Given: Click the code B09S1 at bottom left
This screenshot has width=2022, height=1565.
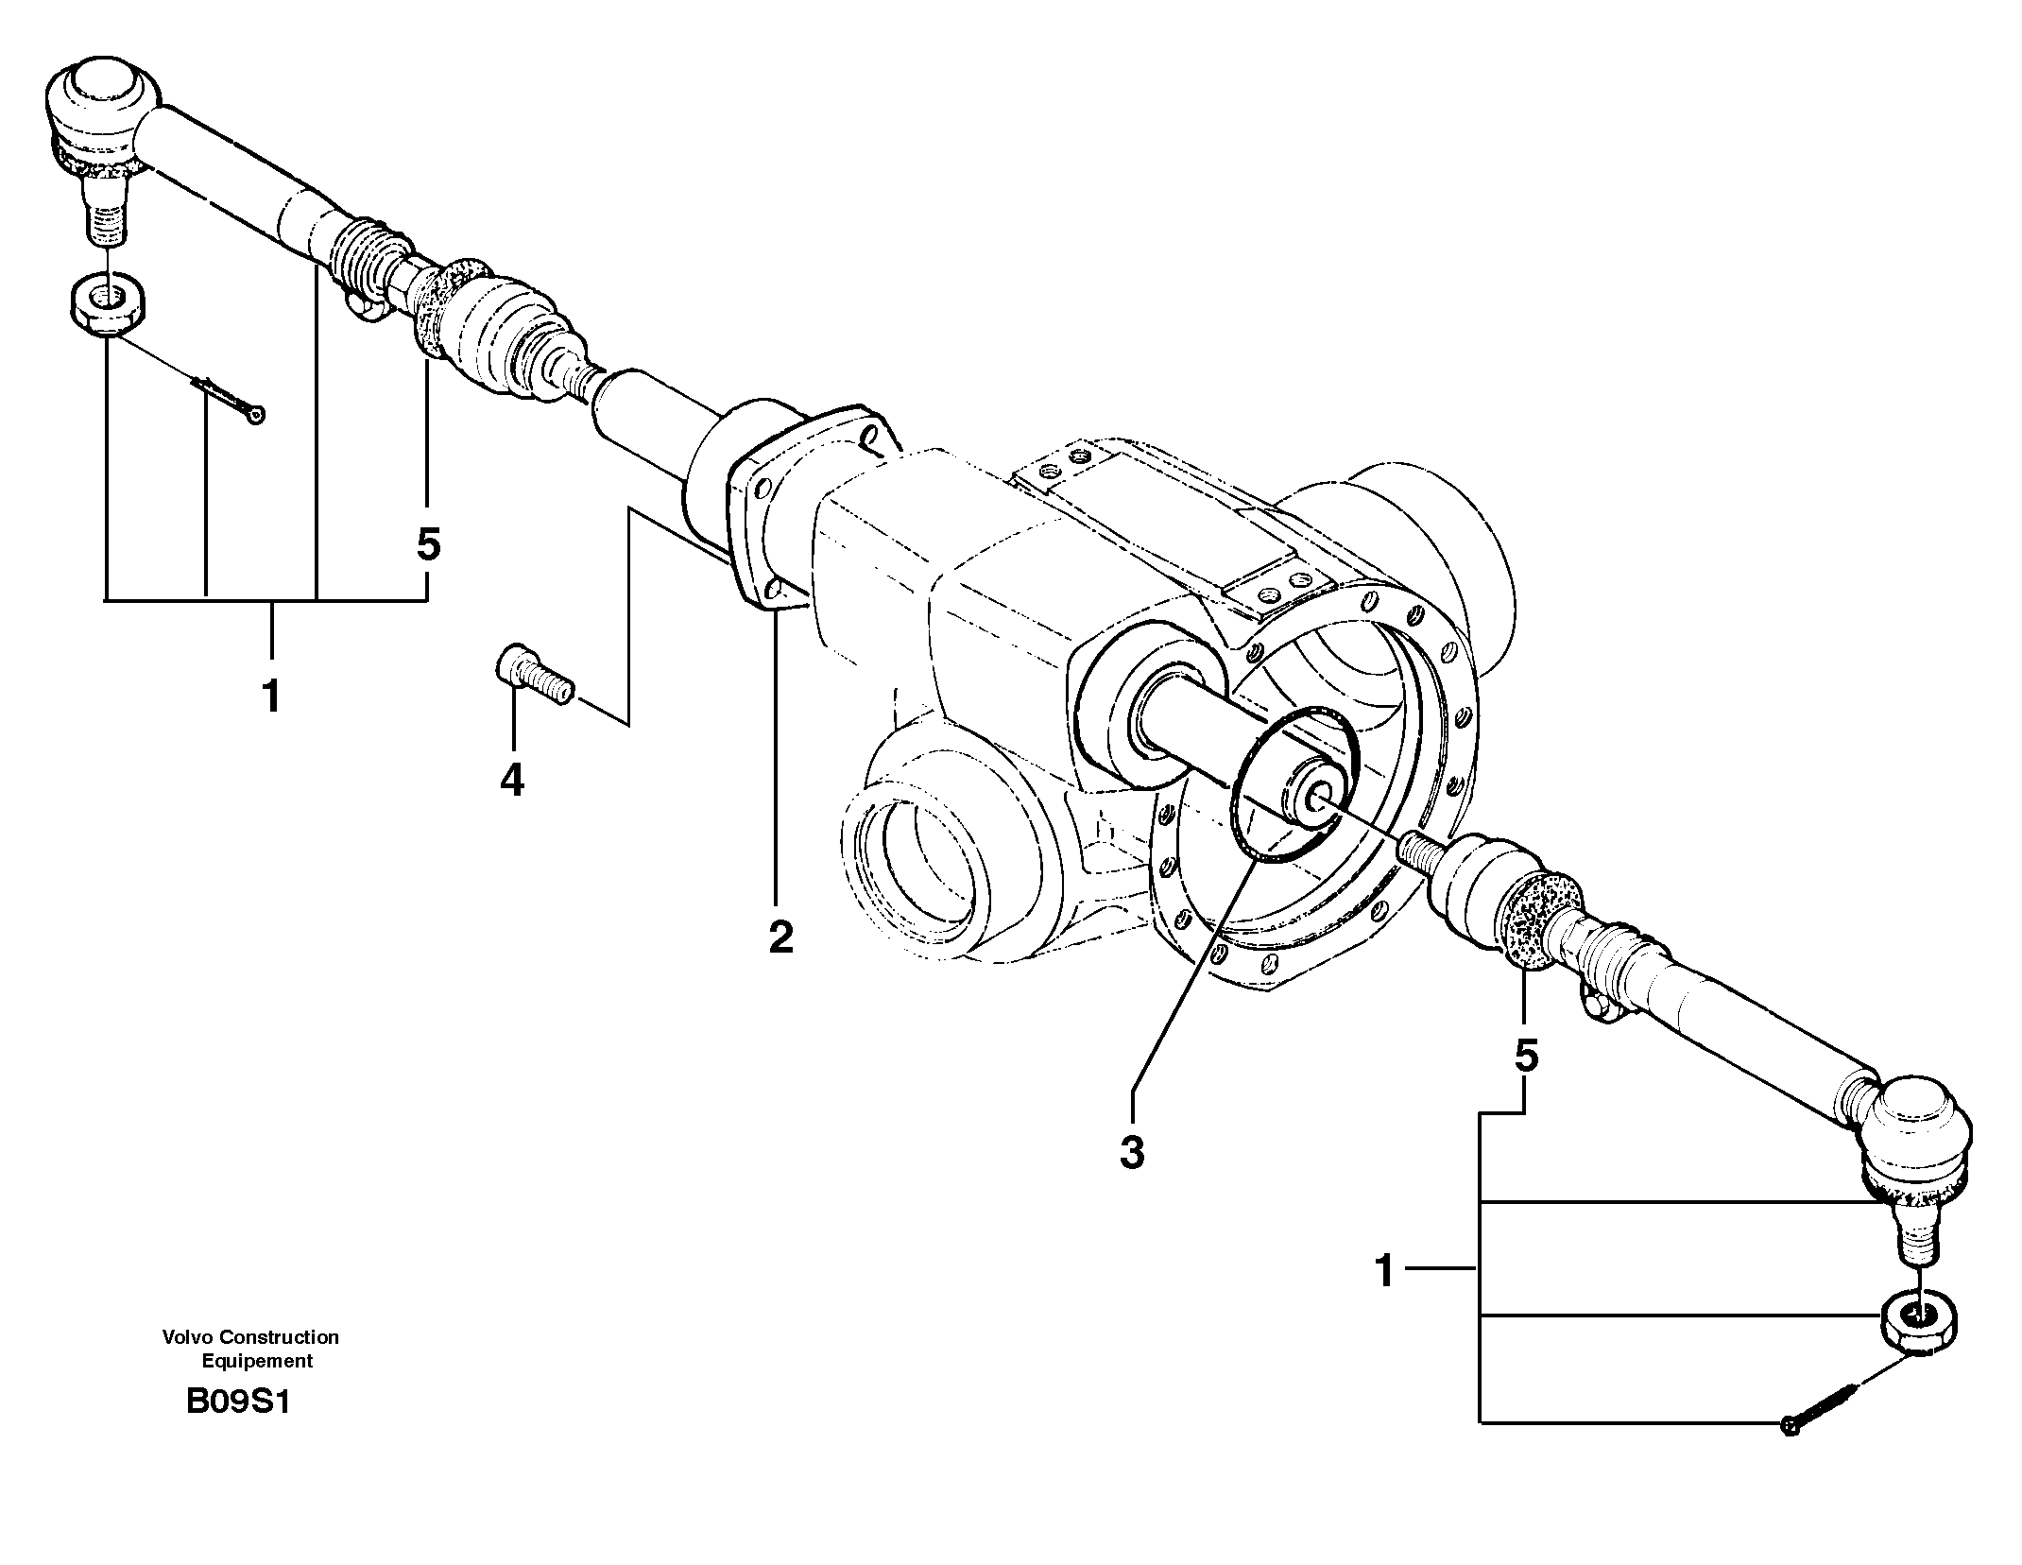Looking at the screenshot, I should coord(237,1401).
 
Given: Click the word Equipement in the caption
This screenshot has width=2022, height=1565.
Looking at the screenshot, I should coord(257,1361).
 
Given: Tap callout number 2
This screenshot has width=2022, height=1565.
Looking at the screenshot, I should coord(780,937).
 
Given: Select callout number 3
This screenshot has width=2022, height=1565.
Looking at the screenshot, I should coord(1131,1152).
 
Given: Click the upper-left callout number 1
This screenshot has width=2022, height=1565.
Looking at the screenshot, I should coord(271,697).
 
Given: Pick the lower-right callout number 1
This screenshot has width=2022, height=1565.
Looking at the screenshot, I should coord(1384,1271).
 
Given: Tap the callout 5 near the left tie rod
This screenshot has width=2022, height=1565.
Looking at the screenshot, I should coord(428,544).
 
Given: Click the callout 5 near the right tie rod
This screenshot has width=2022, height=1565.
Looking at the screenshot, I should coord(1526,1055).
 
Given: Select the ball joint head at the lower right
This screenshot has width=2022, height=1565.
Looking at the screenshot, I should coord(1918,1142).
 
